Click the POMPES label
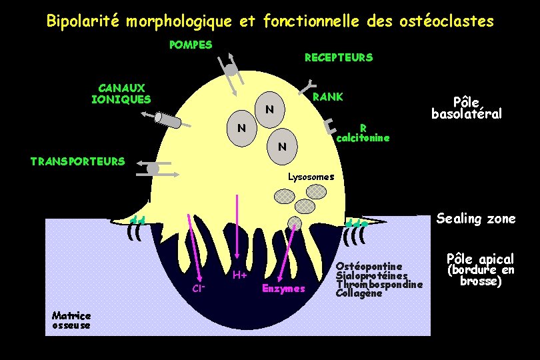[x=191, y=45]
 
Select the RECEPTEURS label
[x=339, y=58]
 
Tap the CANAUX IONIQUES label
[x=121, y=94]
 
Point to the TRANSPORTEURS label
[x=78, y=161]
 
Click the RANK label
[x=328, y=97]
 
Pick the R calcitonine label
[x=363, y=133]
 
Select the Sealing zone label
[x=476, y=219]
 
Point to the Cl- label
[x=198, y=289]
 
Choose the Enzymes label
[x=283, y=289]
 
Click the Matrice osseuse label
[x=71, y=320]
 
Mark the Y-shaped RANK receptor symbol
[x=310, y=85]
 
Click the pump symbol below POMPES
[x=231, y=71]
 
